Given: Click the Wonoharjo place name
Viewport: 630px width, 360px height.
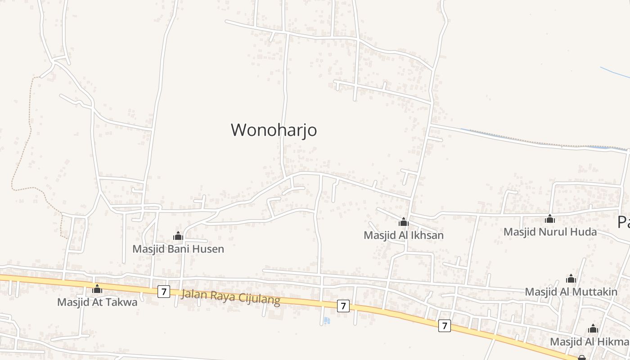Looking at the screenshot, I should (274, 130).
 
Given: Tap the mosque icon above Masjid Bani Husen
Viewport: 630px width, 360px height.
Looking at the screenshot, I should (178, 236).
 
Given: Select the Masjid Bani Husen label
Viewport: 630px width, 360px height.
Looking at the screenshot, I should (178, 249).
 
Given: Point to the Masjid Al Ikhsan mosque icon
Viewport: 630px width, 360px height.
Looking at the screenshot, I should (404, 222).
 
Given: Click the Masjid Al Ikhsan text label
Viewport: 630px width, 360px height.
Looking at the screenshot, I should (404, 235).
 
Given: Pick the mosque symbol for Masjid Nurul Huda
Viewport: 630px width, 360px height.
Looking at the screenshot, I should (549, 219).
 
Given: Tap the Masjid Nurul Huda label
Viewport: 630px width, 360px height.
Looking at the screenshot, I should (550, 232).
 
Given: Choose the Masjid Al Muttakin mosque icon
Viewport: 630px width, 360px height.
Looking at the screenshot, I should (571, 279).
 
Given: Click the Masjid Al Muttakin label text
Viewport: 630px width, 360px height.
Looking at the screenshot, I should (571, 292).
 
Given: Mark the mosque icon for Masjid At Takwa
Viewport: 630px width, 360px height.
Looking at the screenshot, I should (97, 289).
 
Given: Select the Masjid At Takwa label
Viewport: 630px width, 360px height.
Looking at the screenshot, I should (97, 302).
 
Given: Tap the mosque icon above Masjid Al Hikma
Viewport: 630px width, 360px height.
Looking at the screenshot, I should (593, 329).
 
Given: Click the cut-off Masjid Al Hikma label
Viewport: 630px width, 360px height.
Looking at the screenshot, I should (589, 342).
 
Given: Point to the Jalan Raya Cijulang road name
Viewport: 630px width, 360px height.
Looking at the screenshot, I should (230, 297).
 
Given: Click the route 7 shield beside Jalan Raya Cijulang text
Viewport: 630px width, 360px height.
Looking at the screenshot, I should (164, 292).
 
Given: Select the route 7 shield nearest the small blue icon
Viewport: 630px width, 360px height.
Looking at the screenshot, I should (343, 306).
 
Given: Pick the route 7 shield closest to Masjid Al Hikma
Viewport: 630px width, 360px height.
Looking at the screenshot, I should (444, 325).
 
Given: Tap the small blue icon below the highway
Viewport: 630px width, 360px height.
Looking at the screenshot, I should (327, 320).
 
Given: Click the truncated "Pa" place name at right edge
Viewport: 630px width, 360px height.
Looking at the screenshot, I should (623, 222).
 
